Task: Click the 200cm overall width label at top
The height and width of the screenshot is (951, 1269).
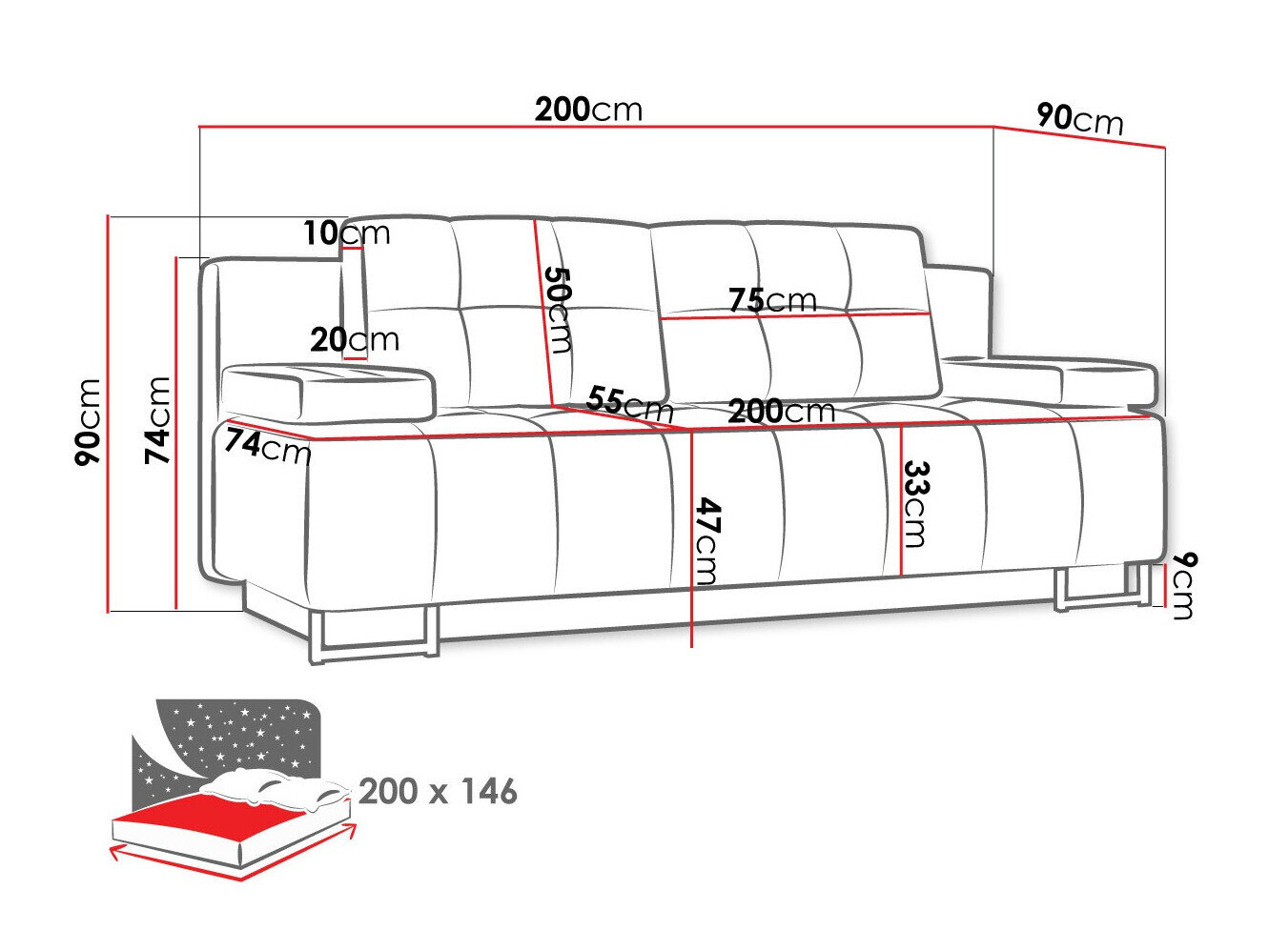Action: click(x=588, y=110)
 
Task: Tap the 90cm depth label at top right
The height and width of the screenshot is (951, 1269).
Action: click(x=1079, y=119)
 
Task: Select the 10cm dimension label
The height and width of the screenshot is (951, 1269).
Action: click(x=347, y=232)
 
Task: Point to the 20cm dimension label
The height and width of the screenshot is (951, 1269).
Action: click(x=354, y=339)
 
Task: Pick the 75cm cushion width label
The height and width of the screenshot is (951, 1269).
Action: click(x=772, y=300)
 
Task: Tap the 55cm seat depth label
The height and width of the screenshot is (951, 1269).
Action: click(x=629, y=404)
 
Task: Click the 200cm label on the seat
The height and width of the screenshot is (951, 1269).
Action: click(x=781, y=411)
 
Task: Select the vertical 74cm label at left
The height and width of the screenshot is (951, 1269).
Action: click(x=157, y=420)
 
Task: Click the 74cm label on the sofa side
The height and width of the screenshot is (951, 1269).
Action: click(x=268, y=445)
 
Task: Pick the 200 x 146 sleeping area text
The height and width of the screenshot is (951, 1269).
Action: click(x=438, y=791)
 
